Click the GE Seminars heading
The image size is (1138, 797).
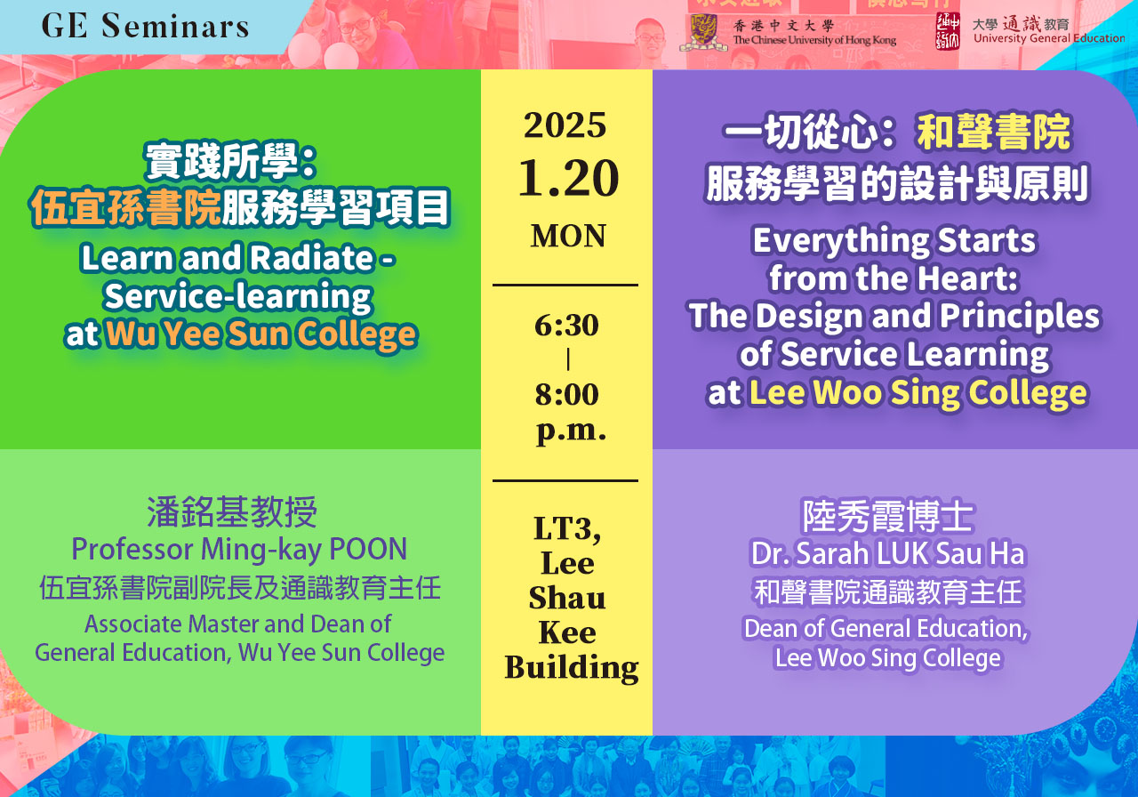pos(145,26)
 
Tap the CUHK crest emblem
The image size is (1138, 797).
pos(703,32)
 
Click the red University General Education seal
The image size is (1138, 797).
pos(948,31)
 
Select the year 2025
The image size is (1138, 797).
pos(565,125)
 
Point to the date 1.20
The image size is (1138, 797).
pos(568,178)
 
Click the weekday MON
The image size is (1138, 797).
pos(568,236)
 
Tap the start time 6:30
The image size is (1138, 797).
pos(566,326)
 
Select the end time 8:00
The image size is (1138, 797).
pos(566,394)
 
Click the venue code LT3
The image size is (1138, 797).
pos(567,528)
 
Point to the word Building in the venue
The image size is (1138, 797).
pos(572,668)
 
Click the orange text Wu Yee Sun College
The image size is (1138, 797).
pos(261,334)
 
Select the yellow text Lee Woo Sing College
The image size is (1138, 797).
pos(918,393)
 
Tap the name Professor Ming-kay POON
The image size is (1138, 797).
pos(239,550)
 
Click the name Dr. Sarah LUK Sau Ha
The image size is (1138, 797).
pos(888,553)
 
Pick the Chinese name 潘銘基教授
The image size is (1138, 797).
pos(232,512)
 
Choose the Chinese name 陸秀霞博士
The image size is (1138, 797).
pos(887,517)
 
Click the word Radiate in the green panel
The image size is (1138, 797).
pos(312,257)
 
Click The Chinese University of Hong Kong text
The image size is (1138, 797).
pos(814,40)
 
